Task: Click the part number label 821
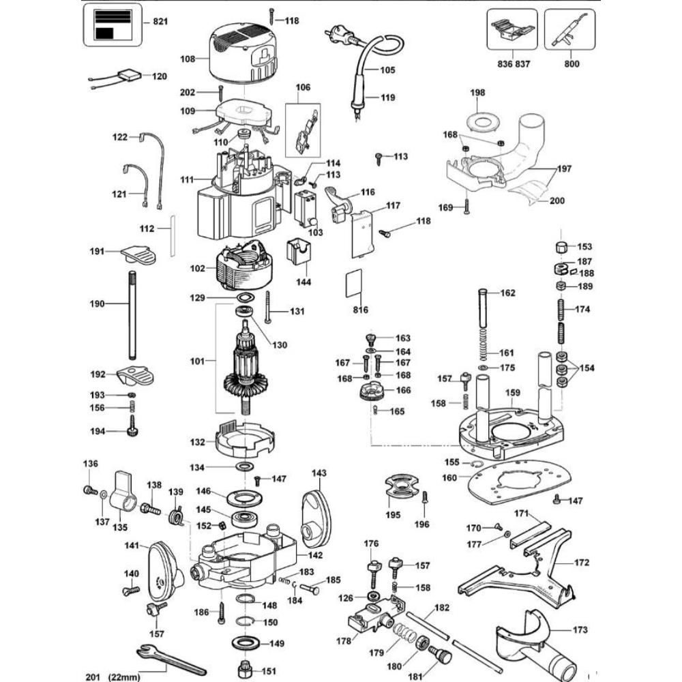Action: coord(160,23)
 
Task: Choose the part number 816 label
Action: coord(361,310)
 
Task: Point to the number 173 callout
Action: coord(580,630)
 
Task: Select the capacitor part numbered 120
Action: coord(128,76)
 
